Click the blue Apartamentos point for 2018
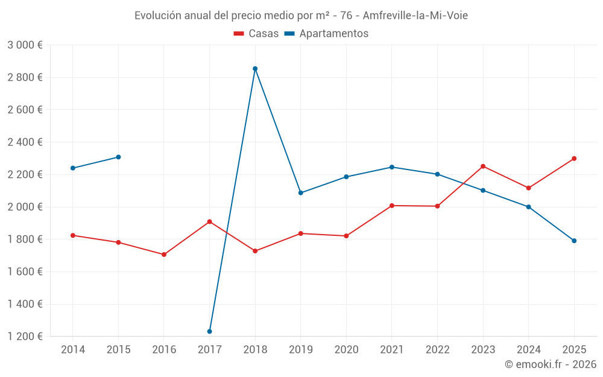click(x=255, y=69)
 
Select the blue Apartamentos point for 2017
click(x=209, y=331)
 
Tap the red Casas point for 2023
click(x=483, y=166)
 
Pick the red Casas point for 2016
click(x=164, y=255)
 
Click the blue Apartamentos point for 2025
click(x=574, y=241)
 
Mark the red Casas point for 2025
click(x=574, y=159)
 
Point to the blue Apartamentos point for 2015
click(x=118, y=157)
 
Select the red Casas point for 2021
click(x=392, y=206)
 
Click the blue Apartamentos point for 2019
click(x=301, y=193)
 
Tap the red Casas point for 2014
click(x=73, y=235)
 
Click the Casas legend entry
click(x=256, y=34)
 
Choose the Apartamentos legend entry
click(x=326, y=34)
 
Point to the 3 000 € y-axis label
click(x=25, y=45)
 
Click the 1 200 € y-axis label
click(x=25, y=337)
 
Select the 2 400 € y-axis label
click(x=25, y=142)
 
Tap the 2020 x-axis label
click(x=346, y=350)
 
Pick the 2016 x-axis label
click(x=164, y=350)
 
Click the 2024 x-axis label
click(x=528, y=350)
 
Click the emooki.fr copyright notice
click(x=550, y=364)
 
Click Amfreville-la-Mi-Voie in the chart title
click(x=415, y=16)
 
